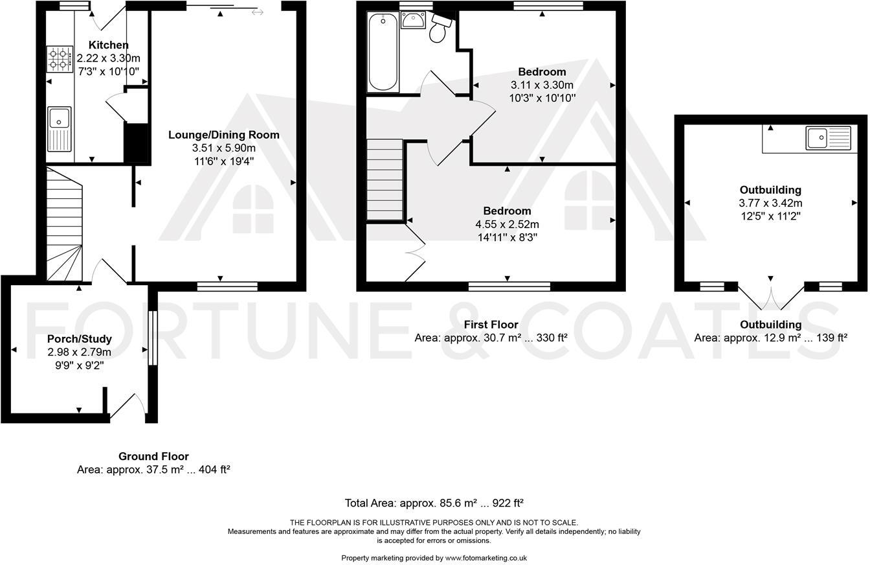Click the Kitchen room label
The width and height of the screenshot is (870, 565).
108,45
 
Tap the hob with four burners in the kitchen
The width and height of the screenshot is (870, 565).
59,59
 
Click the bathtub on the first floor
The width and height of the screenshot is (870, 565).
383,52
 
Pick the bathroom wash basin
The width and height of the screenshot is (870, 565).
412,20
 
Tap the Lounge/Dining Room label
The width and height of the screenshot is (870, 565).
223,135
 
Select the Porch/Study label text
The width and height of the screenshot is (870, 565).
79,339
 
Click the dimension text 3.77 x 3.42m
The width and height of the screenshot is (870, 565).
770,203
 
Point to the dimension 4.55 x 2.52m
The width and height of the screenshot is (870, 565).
507,224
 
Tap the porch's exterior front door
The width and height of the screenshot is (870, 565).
129,407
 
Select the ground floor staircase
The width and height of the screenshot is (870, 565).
65,224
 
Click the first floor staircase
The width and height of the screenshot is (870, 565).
385,180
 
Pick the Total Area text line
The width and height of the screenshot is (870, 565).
434,503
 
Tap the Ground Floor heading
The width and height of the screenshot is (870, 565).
153,456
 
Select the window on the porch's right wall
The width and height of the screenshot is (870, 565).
153,338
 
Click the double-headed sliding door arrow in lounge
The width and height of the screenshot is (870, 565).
257,12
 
